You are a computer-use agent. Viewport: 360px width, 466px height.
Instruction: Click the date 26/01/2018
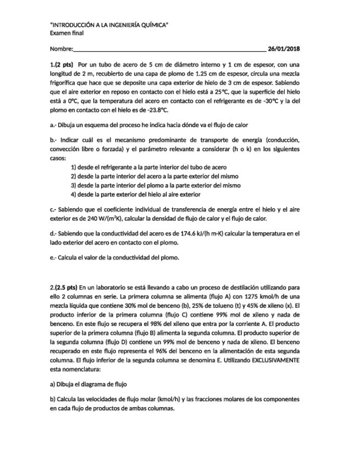click(x=284, y=49)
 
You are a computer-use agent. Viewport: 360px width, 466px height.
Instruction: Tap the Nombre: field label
click(x=61, y=49)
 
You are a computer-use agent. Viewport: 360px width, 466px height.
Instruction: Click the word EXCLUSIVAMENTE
click(x=275, y=359)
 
